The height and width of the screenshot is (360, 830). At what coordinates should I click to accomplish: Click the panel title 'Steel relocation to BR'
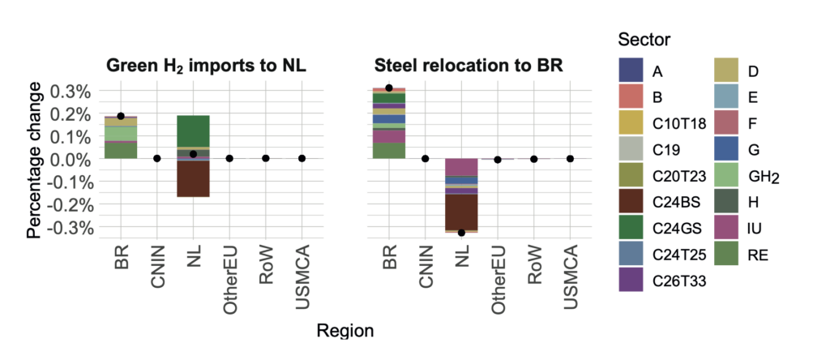tap(468, 65)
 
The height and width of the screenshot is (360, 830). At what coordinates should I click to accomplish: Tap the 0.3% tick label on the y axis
tap(71, 91)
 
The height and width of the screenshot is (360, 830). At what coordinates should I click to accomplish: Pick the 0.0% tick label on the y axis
tap(71, 160)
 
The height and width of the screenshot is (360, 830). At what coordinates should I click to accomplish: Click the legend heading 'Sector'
tap(644, 39)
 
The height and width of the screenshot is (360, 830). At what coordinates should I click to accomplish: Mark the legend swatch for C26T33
tap(632, 281)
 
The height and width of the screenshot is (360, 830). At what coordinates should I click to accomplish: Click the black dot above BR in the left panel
tap(121, 116)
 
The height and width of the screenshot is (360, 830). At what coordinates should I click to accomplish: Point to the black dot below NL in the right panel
tap(462, 233)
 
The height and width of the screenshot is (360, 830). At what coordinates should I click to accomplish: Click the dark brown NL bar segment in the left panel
tap(194, 178)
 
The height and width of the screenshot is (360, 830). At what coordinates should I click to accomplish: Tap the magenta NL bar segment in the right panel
tap(462, 166)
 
